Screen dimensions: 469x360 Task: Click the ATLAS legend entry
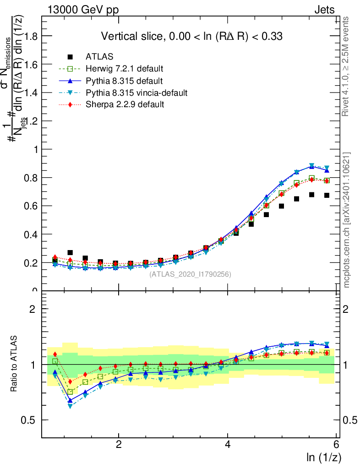[99, 57]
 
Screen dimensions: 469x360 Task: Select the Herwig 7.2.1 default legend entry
[125, 69]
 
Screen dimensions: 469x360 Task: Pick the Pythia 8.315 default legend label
[124, 81]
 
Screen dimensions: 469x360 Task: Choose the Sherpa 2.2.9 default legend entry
[125, 105]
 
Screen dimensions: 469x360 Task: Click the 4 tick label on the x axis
[228, 446]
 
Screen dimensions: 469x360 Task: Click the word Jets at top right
[324, 10]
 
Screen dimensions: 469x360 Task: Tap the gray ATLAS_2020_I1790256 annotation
[190, 274]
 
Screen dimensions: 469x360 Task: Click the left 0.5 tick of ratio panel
[31, 420]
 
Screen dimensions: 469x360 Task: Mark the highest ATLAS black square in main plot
[311, 195]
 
